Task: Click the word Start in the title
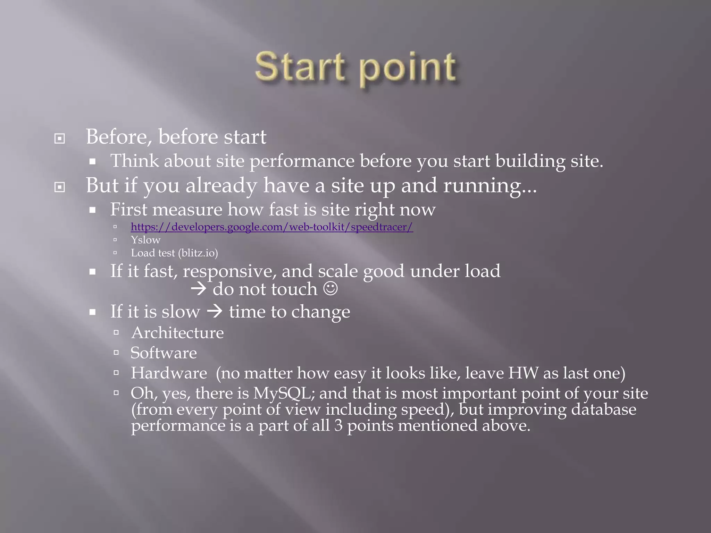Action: tap(301, 67)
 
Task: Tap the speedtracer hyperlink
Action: tap(272, 227)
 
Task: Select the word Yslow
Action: tap(145, 240)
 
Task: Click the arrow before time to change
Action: tap(215, 311)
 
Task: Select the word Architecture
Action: tap(177, 333)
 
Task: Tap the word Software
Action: tap(164, 353)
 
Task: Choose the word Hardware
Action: tap(169, 373)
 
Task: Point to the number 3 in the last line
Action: tap(338, 425)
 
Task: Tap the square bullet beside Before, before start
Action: tap(60, 139)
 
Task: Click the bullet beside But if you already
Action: tap(60, 187)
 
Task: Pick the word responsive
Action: tap(229, 271)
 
